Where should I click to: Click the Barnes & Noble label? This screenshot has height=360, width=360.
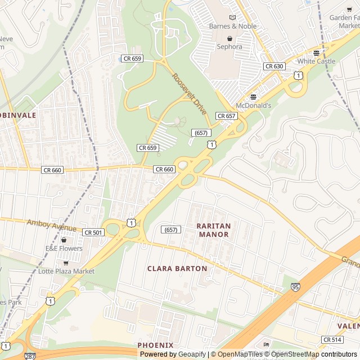[x=232, y=26]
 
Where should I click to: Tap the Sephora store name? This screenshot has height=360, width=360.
[x=229, y=47]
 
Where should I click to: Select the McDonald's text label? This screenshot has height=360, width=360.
[x=253, y=105]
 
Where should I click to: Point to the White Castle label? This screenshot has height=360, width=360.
[x=316, y=61]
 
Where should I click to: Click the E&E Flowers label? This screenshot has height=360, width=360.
[x=64, y=249]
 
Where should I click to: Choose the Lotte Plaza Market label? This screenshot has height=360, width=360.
[x=66, y=271]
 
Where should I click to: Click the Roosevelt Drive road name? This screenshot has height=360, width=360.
[x=190, y=94]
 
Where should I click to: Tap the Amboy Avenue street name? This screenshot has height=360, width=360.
[x=51, y=226]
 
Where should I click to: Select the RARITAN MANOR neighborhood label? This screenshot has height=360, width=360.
[x=213, y=230]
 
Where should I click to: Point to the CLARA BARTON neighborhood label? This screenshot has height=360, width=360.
[x=177, y=269]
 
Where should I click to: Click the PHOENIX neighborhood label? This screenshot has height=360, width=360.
[x=155, y=345]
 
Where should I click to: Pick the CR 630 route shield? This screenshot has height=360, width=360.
[x=274, y=66]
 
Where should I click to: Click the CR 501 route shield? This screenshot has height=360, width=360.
[x=93, y=232]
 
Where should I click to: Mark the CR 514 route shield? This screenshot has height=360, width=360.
[x=332, y=340]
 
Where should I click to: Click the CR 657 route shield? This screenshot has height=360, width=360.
[x=226, y=116]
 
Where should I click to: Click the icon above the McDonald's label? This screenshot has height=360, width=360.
[x=253, y=97]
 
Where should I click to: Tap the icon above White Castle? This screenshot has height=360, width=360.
[x=316, y=53]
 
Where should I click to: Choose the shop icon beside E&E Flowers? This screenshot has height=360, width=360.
[x=64, y=240]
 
